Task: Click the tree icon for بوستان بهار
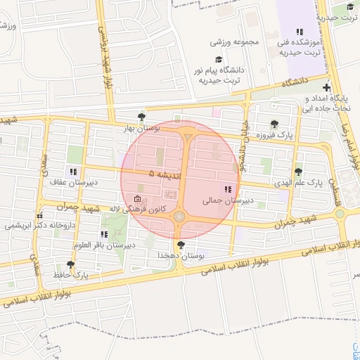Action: [x=143, y=117]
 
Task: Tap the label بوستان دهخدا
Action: [x=181, y=257]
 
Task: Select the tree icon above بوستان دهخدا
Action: [x=182, y=245]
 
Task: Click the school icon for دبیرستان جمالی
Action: [x=227, y=189]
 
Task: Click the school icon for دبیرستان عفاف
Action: [x=73, y=172]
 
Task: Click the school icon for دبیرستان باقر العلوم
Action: [x=104, y=234]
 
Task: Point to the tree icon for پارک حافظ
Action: [x=70, y=264]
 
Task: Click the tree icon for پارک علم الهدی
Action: [x=298, y=172]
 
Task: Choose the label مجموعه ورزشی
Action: [x=235, y=41]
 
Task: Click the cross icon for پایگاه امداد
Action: [x=326, y=86]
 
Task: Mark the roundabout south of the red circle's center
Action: [x=179, y=217]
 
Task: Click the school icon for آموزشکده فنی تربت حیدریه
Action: [x=300, y=32]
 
